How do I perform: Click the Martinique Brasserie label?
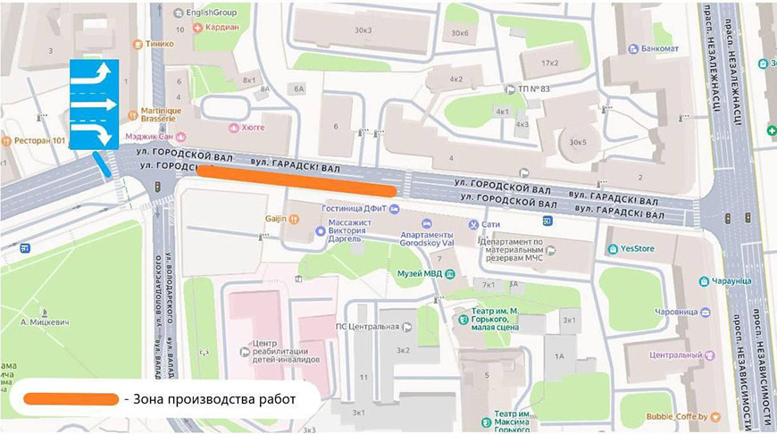(161, 117)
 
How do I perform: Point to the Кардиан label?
(221, 27)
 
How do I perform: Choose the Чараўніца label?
(731, 280)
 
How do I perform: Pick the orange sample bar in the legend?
(71, 398)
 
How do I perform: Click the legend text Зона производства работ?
(214, 398)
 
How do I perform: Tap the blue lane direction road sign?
(95, 104)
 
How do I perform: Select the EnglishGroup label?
(213, 13)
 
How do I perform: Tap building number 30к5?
(578, 141)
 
